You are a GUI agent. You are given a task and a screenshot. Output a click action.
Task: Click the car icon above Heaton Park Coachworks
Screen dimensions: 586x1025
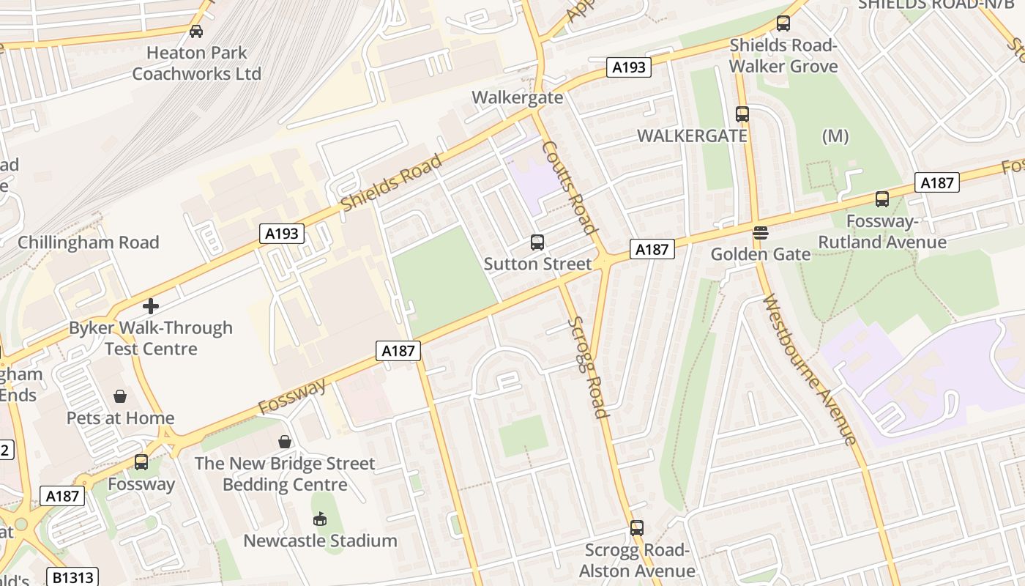pyautogui.click(x=195, y=31)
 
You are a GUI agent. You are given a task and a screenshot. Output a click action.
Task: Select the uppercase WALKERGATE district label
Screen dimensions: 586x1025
pyautogui.click(x=692, y=136)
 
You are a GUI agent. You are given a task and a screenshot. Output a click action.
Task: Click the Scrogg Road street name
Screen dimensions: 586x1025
pyautogui.click(x=588, y=367)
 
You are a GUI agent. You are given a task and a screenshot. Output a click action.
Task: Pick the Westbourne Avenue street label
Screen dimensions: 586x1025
pyautogui.click(x=809, y=369)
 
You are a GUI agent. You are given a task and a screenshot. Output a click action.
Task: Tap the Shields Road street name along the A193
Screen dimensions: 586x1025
pyautogui.click(x=392, y=182)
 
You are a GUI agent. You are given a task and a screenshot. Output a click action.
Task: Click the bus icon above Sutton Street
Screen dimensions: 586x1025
pyautogui.click(x=537, y=242)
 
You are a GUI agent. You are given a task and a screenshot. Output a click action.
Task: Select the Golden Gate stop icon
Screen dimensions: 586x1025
pyautogui.click(x=761, y=234)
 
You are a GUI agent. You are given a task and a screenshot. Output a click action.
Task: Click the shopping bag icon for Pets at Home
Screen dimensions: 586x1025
pyautogui.click(x=120, y=396)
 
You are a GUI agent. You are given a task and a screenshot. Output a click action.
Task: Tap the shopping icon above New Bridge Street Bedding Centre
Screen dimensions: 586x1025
pyautogui.click(x=285, y=442)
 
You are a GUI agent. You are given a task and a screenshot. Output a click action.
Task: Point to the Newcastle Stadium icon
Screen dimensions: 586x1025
pyautogui.click(x=320, y=519)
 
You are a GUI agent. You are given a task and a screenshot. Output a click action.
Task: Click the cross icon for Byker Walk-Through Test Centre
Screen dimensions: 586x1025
pyautogui.click(x=151, y=305)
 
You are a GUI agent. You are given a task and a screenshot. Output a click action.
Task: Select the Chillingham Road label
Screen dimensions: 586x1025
pyautogui.click(x=88, y=242)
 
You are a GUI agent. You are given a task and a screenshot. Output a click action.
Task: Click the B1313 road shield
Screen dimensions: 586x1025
pyautogui.click(x=73, y=577)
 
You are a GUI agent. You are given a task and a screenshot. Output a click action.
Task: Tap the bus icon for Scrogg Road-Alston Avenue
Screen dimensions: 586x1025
pyautogui.click(x=637, y=528)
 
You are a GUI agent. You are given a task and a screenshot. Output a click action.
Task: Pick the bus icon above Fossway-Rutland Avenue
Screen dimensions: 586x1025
pyautogui.click(x=882, y=199)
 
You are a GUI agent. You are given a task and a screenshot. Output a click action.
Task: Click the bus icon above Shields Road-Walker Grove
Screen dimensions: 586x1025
pyautogui.click(x=783, y=23)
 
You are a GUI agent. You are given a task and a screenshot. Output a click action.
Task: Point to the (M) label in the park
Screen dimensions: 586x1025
pyautogui.click(x=835, y=136)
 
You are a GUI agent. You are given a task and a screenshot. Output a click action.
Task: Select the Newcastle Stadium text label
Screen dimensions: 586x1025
pyautogui.click(x=320, y=541)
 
